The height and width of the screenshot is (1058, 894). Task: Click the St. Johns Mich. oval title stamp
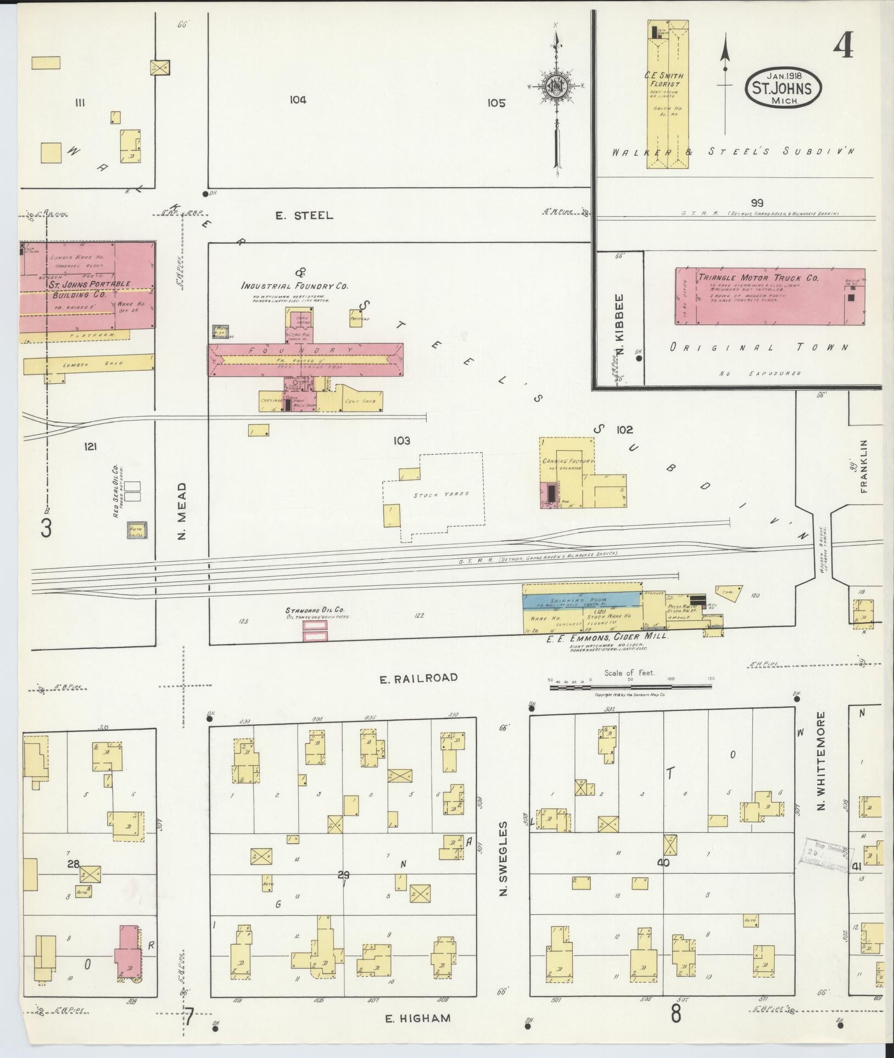tap(784, 87)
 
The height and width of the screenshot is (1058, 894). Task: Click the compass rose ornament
tap(557, 87)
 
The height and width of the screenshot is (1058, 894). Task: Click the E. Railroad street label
tap(418, 678)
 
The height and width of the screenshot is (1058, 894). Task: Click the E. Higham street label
tap(417, 1018)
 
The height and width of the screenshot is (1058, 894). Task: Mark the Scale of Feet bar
tap(630, 686)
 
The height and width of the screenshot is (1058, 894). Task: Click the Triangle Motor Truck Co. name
tap(758, 278)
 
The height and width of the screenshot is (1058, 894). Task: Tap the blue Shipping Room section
tap(582, 600)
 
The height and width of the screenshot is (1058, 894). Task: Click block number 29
tap(344, 875)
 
